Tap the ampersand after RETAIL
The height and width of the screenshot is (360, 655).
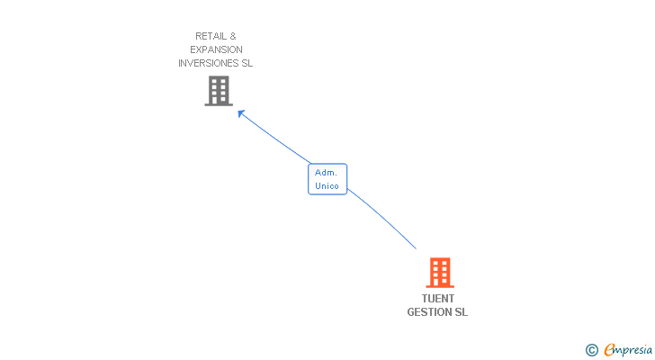pos(233,36)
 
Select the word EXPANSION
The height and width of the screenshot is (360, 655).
pos(217,49)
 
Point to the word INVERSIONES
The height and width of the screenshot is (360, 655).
pos(209,63)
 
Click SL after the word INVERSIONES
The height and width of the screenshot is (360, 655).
pos(247,63)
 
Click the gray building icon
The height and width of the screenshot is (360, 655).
pos(219,91)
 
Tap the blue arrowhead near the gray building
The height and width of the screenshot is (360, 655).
pos(241,113)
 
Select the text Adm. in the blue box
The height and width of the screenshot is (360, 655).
pos(326,172)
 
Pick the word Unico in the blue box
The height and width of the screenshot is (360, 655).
pos(327,186)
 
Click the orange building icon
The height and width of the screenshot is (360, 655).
pos(439,272)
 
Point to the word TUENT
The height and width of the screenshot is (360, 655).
pos(438,299)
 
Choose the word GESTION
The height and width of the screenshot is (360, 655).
pos(429,312)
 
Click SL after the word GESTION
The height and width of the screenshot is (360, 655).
pos(461,312)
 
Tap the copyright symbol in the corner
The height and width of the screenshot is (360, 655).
pos(591,350)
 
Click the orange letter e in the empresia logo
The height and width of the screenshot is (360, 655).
pos(609,350)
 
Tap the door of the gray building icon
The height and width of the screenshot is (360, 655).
pos(219,101)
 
